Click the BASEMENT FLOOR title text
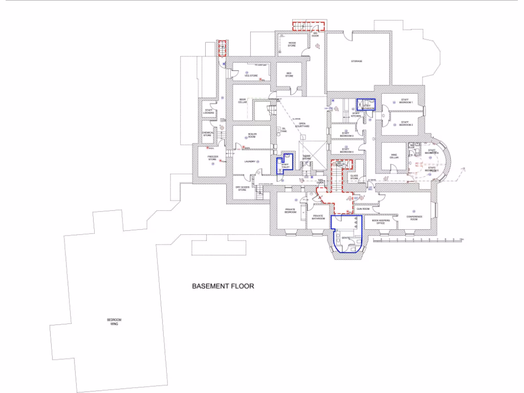point(223,287)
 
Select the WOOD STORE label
point(292,45)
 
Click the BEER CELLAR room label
point(243,101)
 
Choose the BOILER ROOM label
point(252,136)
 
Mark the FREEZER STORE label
point(212,159)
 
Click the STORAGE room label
point(357,61)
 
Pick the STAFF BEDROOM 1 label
point(406,102)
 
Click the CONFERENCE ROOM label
point(414,217)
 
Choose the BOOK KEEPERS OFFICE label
point(381,222)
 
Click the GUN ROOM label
point(363,209)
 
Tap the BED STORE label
point(289,75)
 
